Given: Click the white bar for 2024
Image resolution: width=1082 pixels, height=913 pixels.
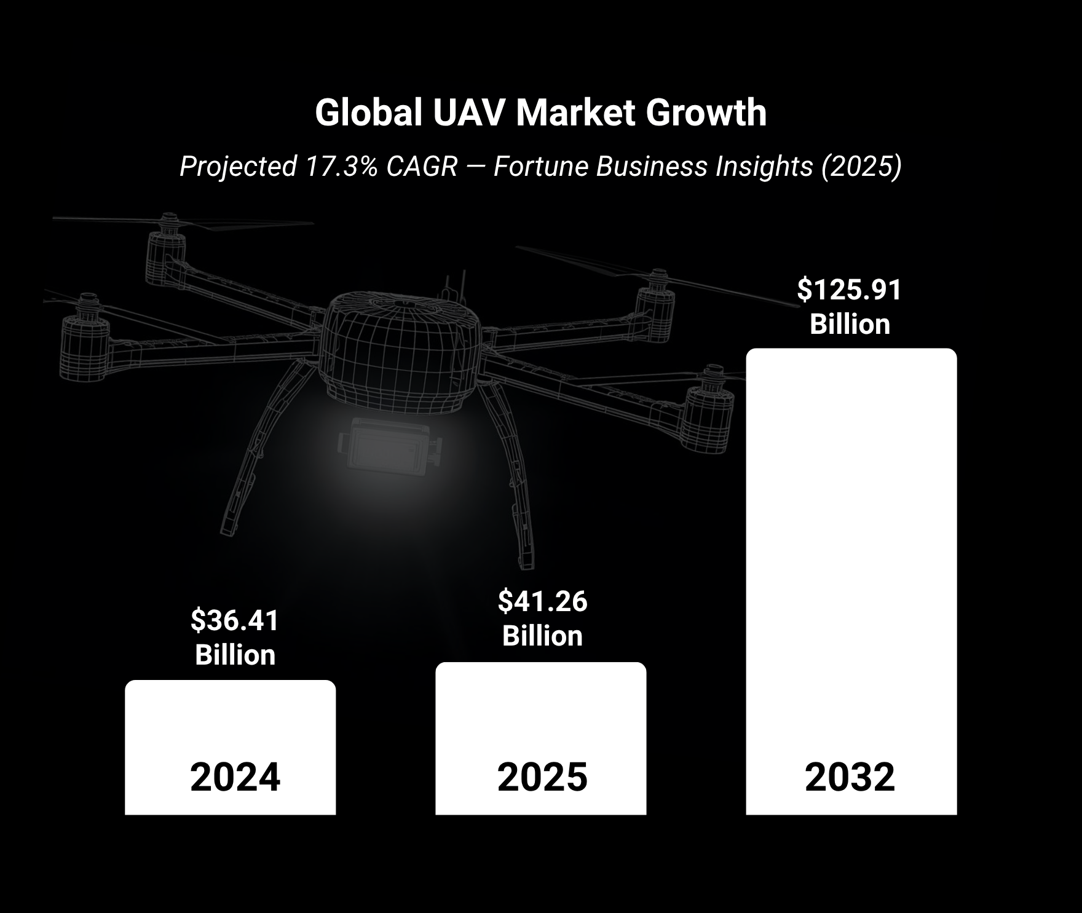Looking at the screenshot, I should [x=230, y=725].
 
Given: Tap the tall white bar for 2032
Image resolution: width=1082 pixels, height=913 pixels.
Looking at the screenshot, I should [x=851, y=553].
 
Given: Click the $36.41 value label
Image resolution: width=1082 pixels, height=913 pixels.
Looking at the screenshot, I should [x=235, y=620].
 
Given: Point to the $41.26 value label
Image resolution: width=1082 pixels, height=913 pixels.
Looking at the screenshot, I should [x=542, y=601].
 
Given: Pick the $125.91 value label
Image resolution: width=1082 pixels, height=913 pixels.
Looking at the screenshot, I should [x=850, y=290].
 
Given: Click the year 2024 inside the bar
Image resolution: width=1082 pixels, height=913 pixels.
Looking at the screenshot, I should [x=235, y=778].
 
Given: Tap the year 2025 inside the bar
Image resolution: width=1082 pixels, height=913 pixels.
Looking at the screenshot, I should [x=542, y=778].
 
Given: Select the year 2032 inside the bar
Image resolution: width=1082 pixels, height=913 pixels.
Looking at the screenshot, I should [x=850, y=778].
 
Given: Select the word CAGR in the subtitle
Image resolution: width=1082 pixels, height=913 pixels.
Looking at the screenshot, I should [x=422, y=167].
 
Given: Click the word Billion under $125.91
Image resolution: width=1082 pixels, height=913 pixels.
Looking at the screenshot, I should [x=850, y=324].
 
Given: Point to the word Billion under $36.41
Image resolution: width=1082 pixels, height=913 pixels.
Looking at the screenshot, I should [x=235, y=655].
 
